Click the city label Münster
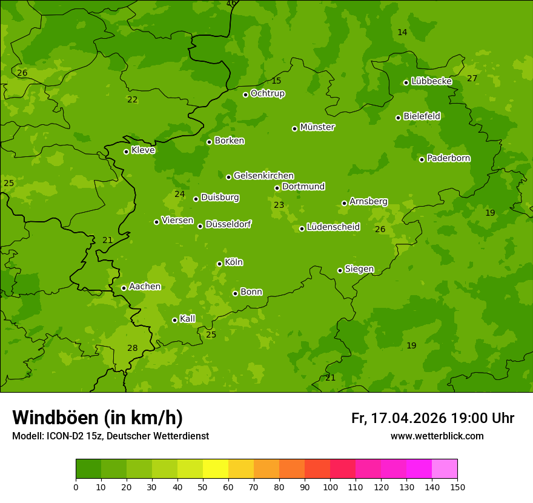pyautogui.click(x=317, y=127)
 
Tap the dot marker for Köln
pyautogui.click(x=219, y=264)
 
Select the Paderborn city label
pyautogui.click(x=449, y=158)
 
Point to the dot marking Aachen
pyautogui.click(x=124, y=288)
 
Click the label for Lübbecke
pyautogui.click(x=432, y=81)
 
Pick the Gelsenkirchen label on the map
pyautogui.click(x=263, y=176)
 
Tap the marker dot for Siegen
pyautogui.click(x=340, y=270)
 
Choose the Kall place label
pyautogui.click(x=188, y=319)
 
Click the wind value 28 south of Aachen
pyautogui.click(x=132, y=348)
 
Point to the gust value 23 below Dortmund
pyautogui.click(x=279, y=205)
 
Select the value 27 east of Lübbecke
pyautogui.click(x=472, y=78)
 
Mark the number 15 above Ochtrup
pyautogui.click(x=276, y=81)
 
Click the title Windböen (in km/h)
pyautogui.click(x=98, y=418)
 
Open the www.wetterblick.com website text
pyautogui.click(x=437, y=436)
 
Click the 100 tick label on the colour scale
pyautogui.click(x=330, y=487)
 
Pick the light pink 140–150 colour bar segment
pyautogui.click(x=445, y=469)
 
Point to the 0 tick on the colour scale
pyautogui.click(x=76, y=487)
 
